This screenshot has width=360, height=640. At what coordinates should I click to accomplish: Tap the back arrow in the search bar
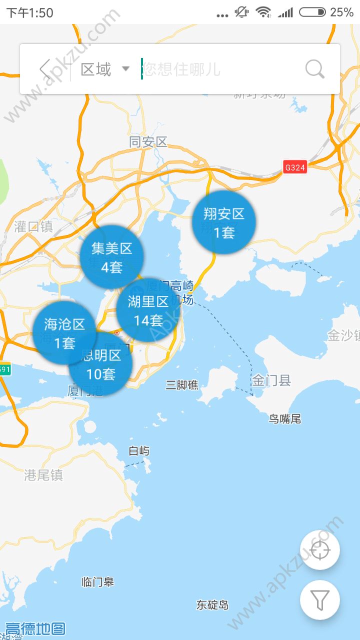[45, 69]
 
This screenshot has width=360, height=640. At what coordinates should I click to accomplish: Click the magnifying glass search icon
[314, 69]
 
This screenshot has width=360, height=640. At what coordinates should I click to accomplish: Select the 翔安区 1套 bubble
[224, 222]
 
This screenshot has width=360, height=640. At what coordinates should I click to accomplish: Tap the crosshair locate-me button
[320, 550]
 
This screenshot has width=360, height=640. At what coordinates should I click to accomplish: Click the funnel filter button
[320, 599]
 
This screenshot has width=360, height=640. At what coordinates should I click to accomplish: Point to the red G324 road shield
[294, 167]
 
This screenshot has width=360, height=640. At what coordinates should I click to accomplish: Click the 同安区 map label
[148, 142]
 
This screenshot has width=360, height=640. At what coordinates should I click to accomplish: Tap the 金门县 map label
[271, 380]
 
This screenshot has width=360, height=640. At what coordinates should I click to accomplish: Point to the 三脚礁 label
[182, 384]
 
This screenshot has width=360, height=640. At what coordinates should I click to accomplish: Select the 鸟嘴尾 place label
[285, 419]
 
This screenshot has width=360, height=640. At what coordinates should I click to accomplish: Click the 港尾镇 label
[43, 475]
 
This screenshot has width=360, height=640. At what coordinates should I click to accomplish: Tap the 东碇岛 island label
[212, 605]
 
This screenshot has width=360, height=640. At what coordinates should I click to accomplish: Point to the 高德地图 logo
[35, 628]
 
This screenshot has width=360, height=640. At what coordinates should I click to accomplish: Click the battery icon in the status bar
[312, 12]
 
